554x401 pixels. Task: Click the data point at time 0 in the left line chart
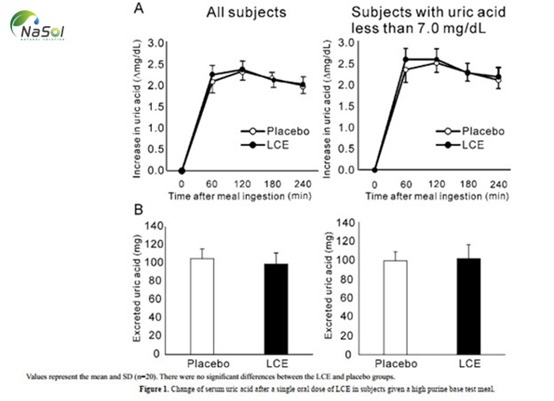182,170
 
